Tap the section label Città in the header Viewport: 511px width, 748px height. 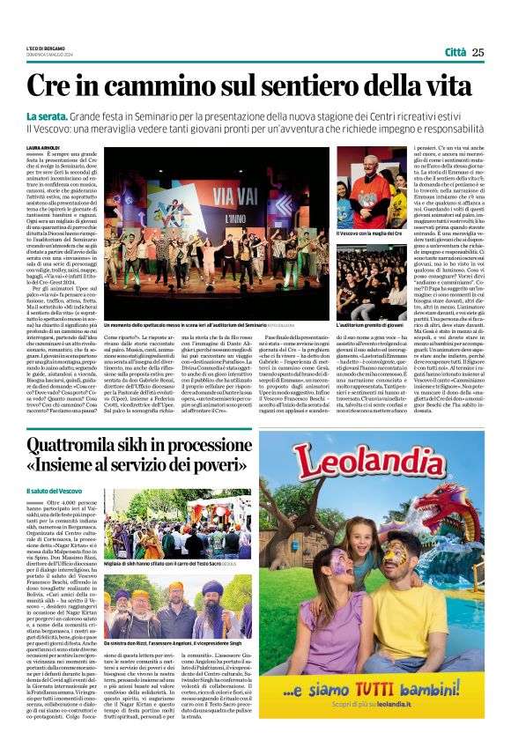(x=455, y=52)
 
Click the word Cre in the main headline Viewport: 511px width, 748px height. (x=52, y=86)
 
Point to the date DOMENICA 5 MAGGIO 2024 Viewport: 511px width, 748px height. (x=48, y=54)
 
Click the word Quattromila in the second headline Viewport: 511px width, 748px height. (x=75, y=444)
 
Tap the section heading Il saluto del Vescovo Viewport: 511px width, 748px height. (x=55, y=490)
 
